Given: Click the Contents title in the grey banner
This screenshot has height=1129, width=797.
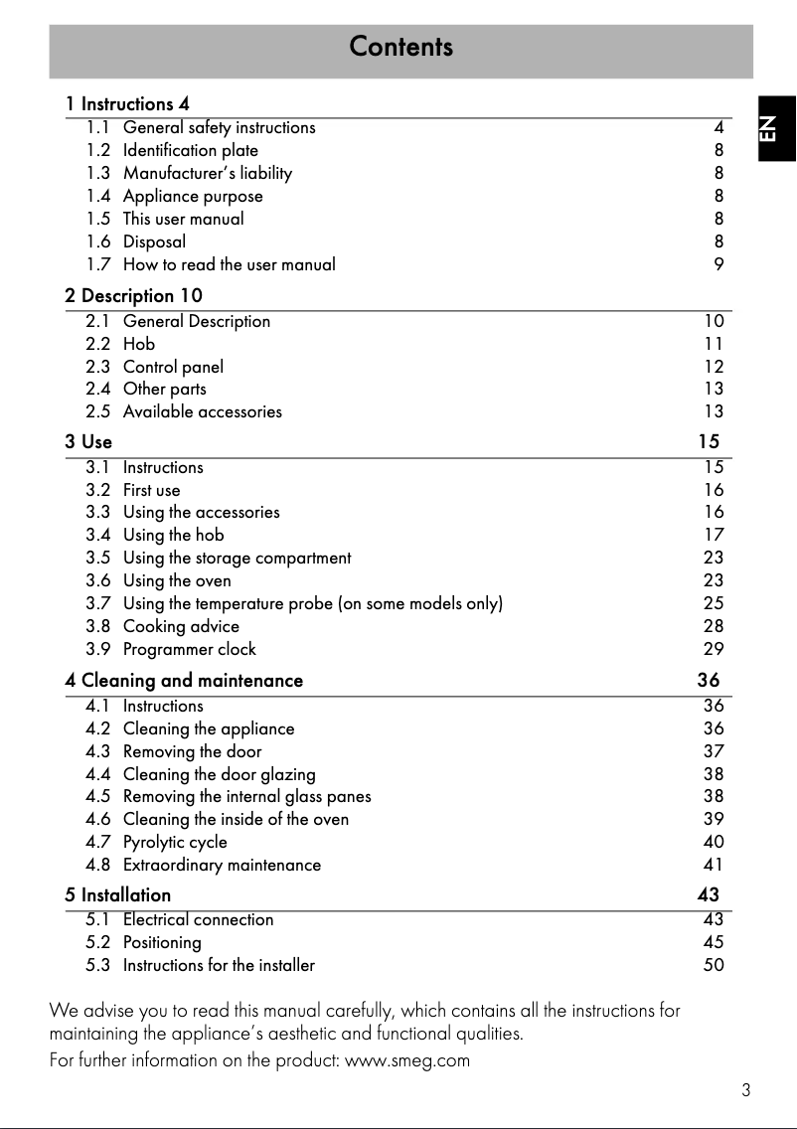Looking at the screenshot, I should pyautogui.click(x=400, y=47).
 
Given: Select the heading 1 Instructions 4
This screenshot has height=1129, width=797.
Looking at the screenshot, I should pyautogui.click(x=127, y=104).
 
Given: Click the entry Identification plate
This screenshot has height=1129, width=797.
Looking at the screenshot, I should pyautogui.click(x=190, y=151).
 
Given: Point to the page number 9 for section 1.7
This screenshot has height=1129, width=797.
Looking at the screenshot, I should pyautogui.click(x=718, y=264).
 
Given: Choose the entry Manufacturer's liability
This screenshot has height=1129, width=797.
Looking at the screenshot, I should pyautogui.click(x=207, y=174).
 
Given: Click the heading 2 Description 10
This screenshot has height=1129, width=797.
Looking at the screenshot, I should pyautogui.click(x=133, y=296).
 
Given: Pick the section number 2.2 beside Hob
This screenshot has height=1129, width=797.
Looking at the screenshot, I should pyautogui.click(x=97, y=344).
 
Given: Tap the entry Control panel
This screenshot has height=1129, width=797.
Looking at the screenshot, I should pyautogui.click(x=173, y=367).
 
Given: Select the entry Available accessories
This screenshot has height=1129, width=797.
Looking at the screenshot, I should pyautogui.click(x=202, y=411).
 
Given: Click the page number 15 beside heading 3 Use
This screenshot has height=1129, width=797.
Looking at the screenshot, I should pyautogui.click(x=708, y=441).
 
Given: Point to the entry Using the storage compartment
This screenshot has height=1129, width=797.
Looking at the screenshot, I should pyautogui.click(x=237, y=559).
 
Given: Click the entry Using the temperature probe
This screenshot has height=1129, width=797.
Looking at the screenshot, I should pyautogui.click(x=312, y=604).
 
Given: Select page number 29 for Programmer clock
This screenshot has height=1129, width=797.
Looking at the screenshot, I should pyautogui.click(x=714, y=649).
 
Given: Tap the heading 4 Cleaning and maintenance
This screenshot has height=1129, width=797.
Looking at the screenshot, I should pyautogui.click(x=184, y=681).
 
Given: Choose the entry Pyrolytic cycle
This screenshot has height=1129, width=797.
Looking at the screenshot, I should pyautogui.click(x=175, y=843).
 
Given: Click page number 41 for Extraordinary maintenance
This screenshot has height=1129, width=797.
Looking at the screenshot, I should pyautogui.click(x=714, y=866).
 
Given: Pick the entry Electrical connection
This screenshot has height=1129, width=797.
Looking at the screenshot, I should pyautogui.click(x=198, y=920).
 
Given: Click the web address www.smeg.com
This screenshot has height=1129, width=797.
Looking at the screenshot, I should pyautogui.click(x=405, y=1060).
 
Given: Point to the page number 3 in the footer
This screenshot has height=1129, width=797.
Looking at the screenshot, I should pyautogui.click(x=745, y=1090).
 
